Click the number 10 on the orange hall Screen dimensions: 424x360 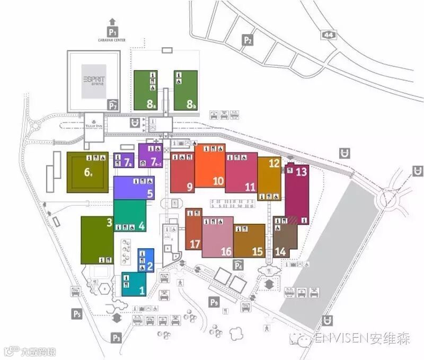coord(218,181)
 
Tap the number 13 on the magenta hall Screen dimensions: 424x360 coord(301,172)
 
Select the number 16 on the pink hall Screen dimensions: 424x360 coord(226,252)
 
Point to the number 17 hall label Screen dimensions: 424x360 coord(195,244)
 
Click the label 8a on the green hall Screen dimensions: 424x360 coord(152,104)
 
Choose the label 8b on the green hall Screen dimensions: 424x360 coord(191,104)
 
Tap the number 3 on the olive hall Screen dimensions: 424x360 coord(109,223)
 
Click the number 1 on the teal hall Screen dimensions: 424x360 coord(142,290)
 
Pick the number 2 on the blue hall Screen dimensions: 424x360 coord(149,267)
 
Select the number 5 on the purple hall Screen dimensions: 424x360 coord(150,194)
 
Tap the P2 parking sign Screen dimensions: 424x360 coord(248,40)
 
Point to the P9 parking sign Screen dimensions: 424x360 coord(214,303)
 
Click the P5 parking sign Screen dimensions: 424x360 coord(77,314)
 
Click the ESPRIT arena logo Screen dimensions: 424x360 coord(94,80)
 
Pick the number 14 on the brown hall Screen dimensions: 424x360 coord(280,252)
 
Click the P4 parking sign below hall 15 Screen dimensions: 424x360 coord(238,265)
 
